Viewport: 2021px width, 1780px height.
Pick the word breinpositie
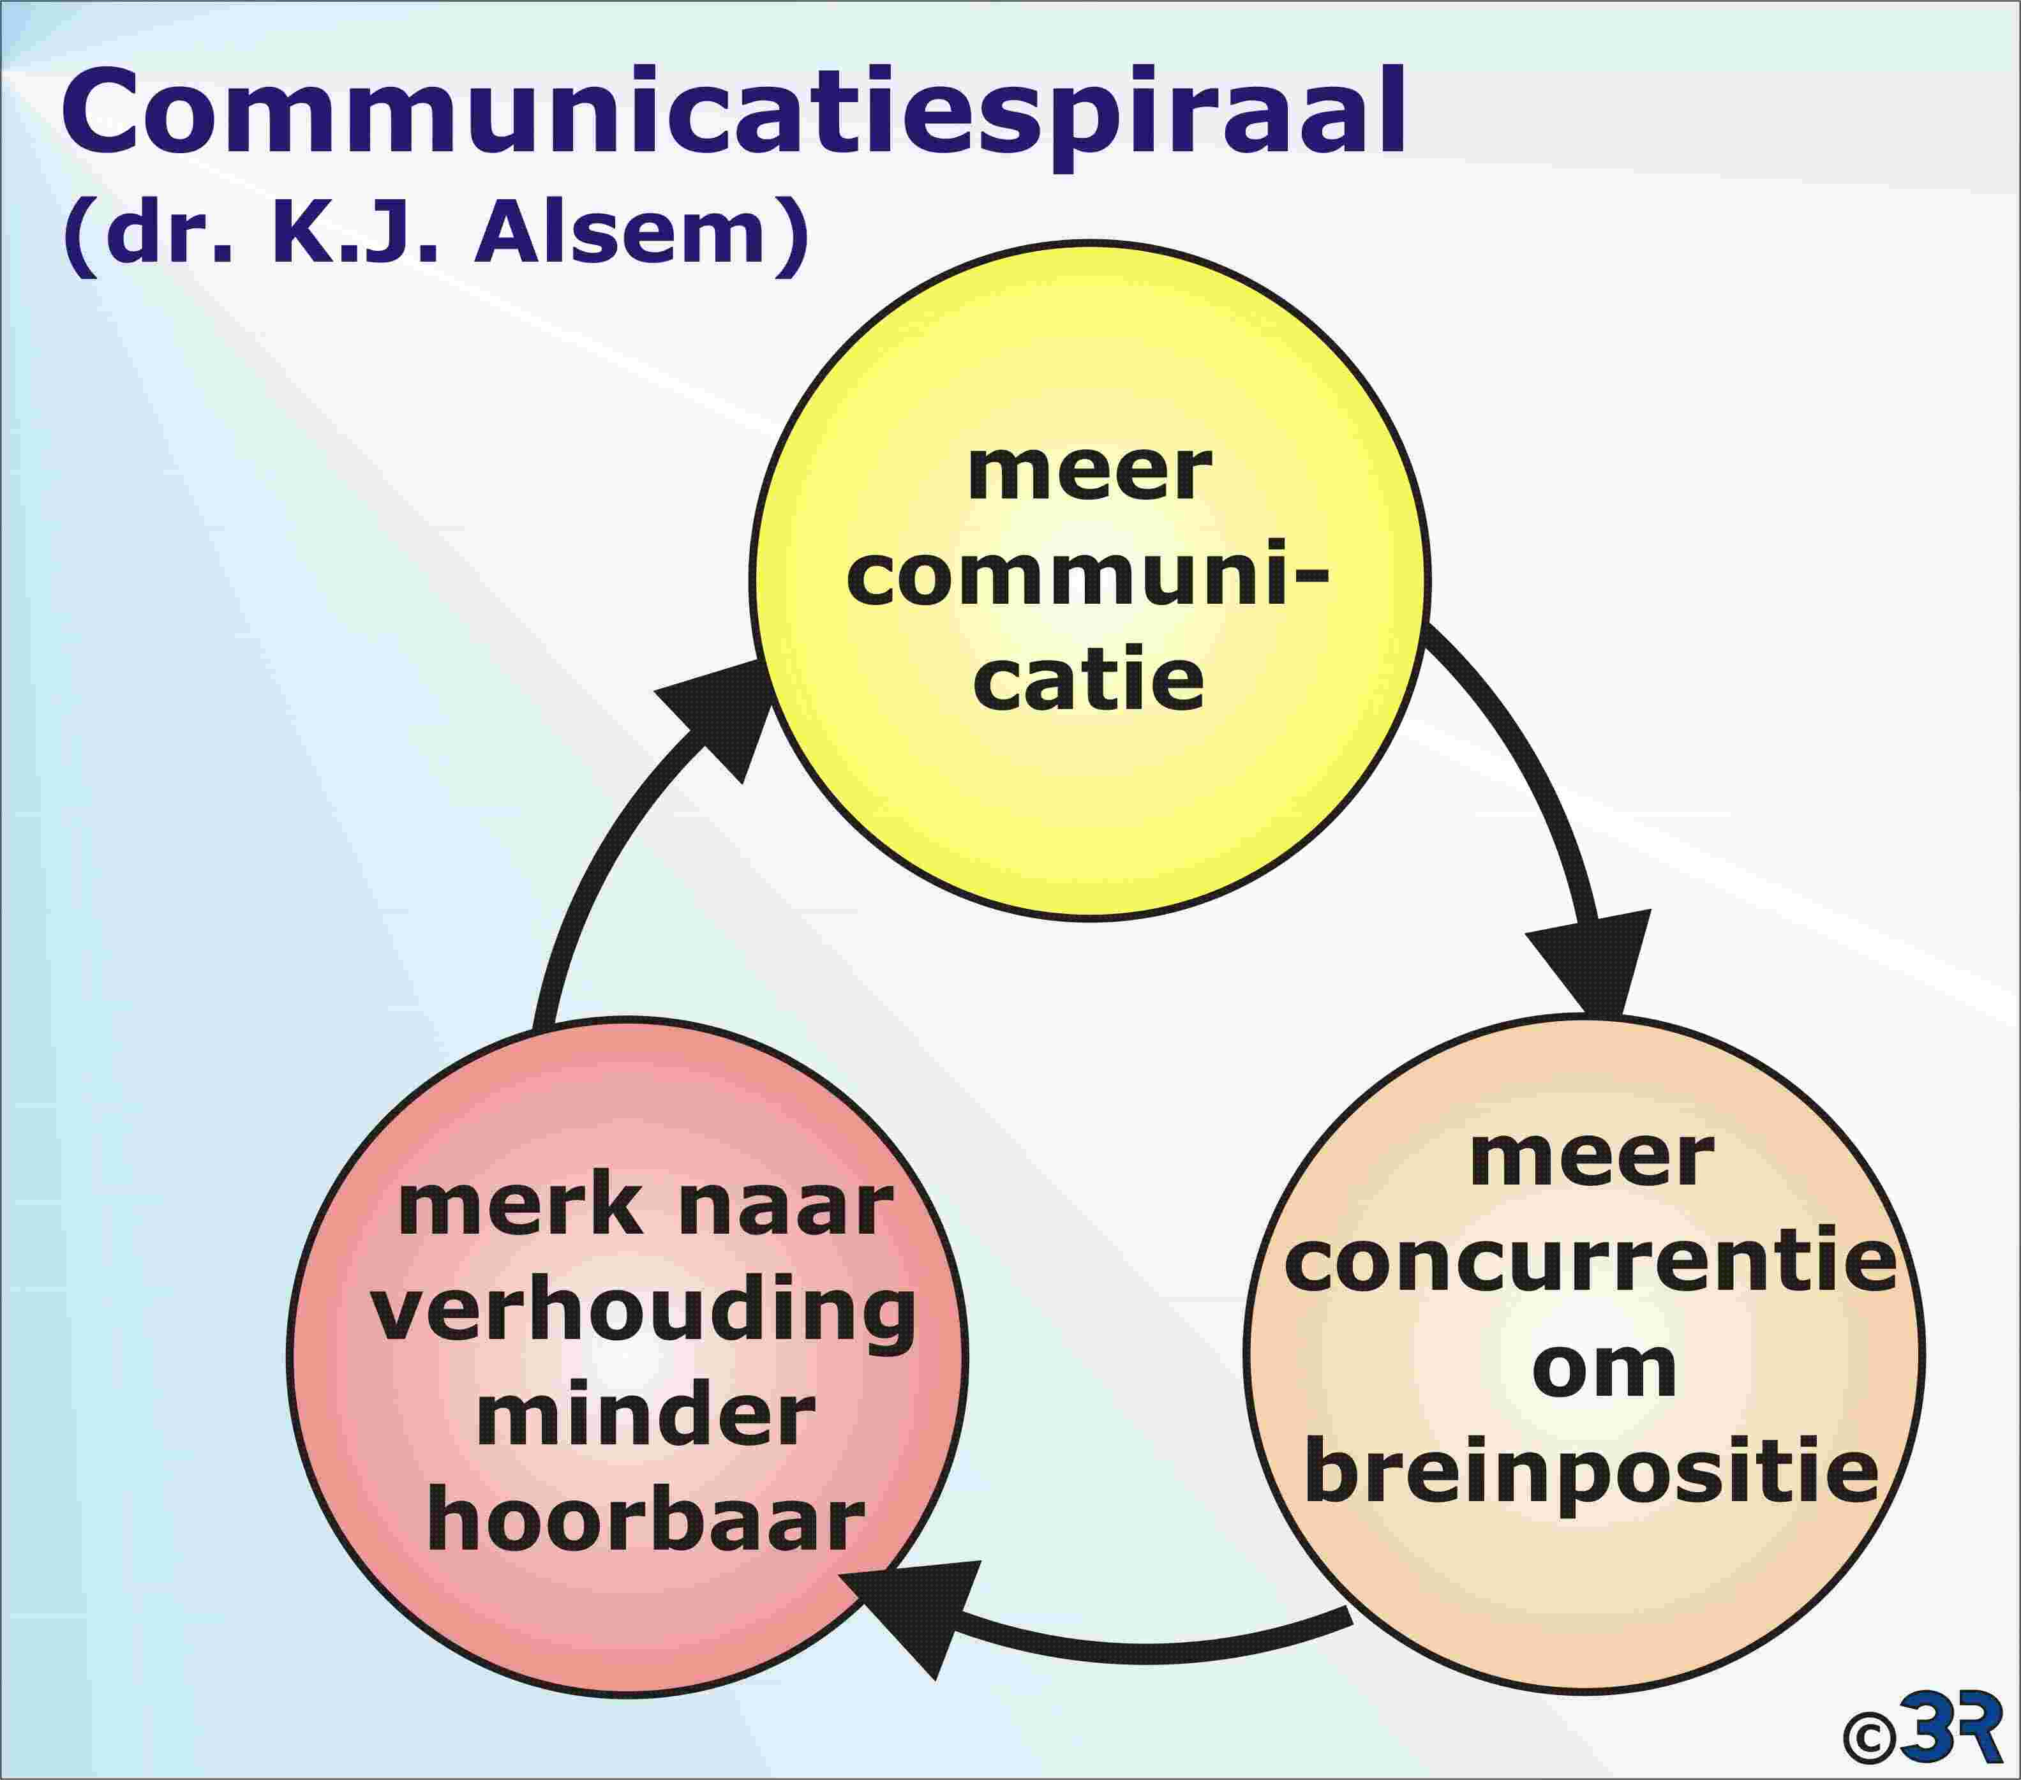(x=1592, y=1476)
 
